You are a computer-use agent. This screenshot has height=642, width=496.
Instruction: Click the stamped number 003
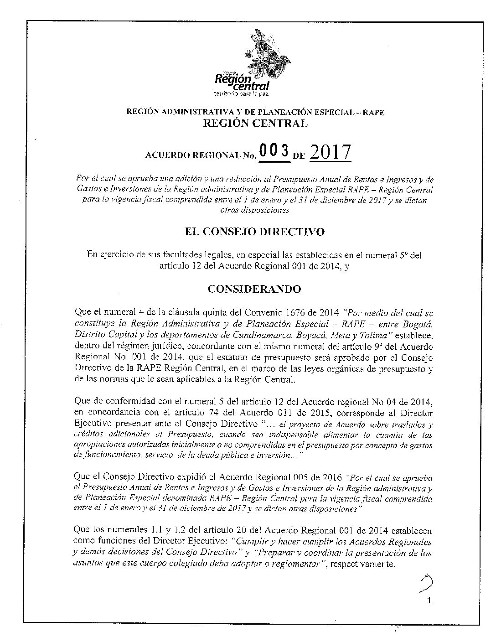pyautogui.click(x=274, y=151)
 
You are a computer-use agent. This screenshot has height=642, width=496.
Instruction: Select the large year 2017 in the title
pyautogui.click(x=330, y=152)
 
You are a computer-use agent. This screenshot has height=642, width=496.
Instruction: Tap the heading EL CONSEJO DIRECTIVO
pyautogui.click(x=254, y=232)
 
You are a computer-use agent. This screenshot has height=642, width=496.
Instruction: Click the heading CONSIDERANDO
pyautogui.click(x=254, y=289)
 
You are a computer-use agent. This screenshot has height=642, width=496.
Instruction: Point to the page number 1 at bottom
pyautogui.click(x=429, y=601)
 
